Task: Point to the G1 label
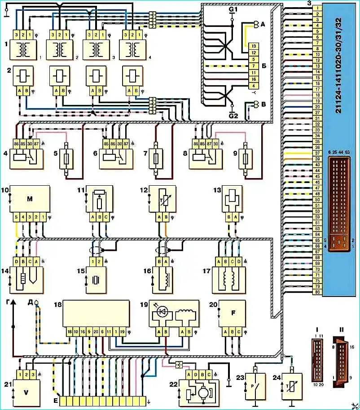(233, 9)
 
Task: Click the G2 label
(233, 115)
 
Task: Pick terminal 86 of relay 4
(19, 143)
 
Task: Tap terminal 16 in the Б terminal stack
(254, 79)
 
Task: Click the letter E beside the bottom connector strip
(55, 400)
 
